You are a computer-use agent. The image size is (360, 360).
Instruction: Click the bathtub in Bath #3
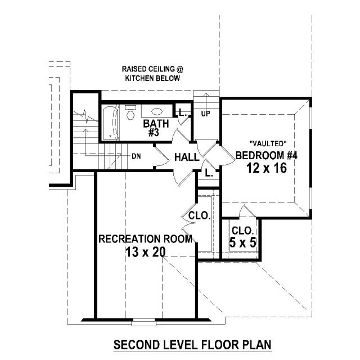point(110,123)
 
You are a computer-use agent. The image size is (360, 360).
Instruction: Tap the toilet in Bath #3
point(130,112)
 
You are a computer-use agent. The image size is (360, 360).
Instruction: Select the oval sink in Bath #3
point(157,111)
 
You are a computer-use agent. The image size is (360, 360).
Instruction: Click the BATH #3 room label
point(156,128)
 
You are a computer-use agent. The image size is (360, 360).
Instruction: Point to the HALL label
point(187,157)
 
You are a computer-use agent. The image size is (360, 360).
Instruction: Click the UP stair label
point(205,114)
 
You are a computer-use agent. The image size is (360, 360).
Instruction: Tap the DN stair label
point(136,156)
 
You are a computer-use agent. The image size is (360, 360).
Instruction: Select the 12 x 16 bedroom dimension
point(267,168)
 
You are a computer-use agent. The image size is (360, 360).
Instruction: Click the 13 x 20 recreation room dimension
point(145,253)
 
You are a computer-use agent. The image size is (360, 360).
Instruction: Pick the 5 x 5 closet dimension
point(242,242)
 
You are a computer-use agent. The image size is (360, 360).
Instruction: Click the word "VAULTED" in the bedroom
point(268,144)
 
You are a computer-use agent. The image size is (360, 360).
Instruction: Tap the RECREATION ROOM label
point(145,238)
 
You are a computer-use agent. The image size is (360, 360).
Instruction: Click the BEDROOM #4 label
point(267,155)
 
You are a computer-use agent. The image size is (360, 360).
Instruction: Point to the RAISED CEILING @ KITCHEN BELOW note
point(152,74)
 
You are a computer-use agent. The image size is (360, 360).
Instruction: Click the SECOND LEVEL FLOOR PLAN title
point(192,345)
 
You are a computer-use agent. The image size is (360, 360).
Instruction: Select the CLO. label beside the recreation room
point(200,216)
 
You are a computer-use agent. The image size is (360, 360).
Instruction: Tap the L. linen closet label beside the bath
point(183,112)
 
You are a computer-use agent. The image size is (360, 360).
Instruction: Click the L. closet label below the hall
point(209,173)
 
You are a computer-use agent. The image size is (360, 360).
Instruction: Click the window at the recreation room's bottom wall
point(143,322)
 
